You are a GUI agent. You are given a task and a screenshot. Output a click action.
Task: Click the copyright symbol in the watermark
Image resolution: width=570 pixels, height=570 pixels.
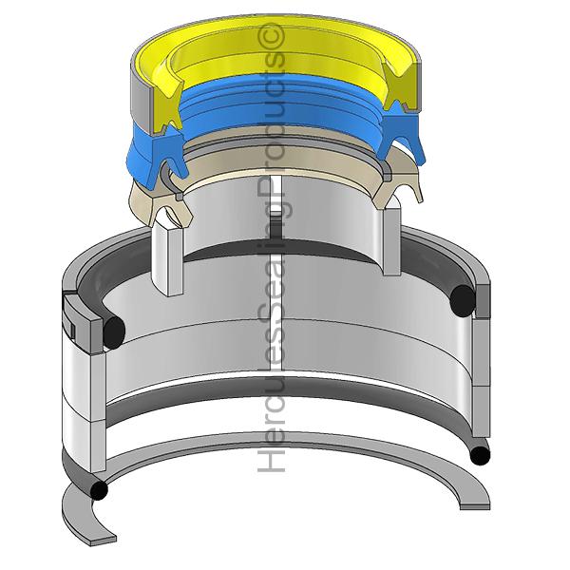point(271,36)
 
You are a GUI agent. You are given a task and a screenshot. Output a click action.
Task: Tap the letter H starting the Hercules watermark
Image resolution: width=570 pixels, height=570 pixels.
point(271,460)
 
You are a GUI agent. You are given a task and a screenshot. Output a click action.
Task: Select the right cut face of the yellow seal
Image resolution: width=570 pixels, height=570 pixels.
point(400,85)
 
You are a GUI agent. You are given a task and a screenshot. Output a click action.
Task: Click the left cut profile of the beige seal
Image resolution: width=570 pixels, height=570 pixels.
point(171,211)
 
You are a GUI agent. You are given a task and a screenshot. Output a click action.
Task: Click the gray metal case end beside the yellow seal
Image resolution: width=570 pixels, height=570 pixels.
point(140,100)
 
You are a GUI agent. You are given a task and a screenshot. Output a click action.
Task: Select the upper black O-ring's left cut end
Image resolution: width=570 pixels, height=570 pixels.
point(114,330)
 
